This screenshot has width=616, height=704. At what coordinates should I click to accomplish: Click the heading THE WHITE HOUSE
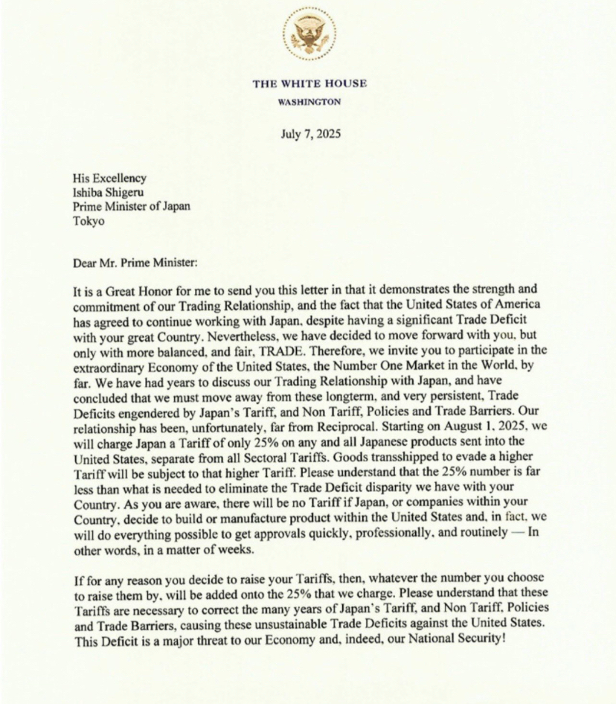[309, 83]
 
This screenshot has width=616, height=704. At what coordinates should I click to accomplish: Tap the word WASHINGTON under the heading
[309, 102]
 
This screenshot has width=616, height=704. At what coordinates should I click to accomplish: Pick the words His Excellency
[109, 178]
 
